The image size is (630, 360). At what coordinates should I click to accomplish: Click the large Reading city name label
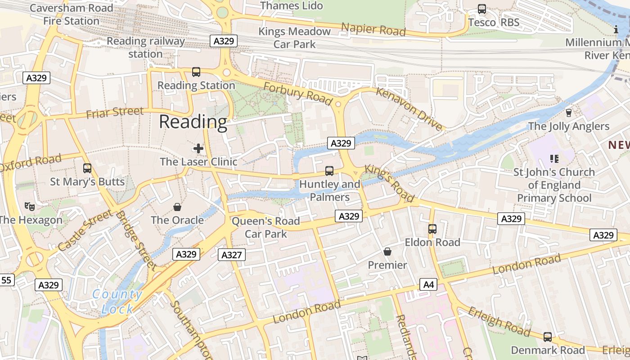pyautogui.click(x=193, y=122)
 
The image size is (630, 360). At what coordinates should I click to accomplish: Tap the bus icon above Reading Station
pyautogui.click(x=196, y=72)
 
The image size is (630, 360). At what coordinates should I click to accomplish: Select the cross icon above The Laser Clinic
pyautogui.click(x=198, y=148)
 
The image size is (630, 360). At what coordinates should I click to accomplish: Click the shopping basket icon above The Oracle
pyautogui.click(x=177, y=207)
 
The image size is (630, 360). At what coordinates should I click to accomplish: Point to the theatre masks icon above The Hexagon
pyautogui.click(x=30, y=207)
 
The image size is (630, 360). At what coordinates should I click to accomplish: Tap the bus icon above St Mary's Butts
pyautogui.click(x=87, y=168)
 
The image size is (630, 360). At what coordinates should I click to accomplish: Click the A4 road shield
pyautogui.click(x=428, y=284)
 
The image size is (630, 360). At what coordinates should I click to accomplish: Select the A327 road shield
pyautogui.click(x=232, y=255)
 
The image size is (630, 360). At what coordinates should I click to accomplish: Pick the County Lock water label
pyautogui.click(x=117, y=302)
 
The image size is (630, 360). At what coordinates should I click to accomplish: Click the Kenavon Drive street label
pyautogui.click(x=409, y=108)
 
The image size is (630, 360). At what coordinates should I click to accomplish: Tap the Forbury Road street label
pyautogui.click(x=298, y=94)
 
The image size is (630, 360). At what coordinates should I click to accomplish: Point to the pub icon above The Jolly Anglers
pyautogui.click(x=568, y=112)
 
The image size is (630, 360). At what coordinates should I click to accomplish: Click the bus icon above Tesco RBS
pyautogui.click(x=482, y=9)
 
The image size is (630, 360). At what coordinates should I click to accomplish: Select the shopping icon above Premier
pyautogui.click(x=387, y=251)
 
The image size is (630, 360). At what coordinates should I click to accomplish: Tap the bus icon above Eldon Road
pyautogui.click(x=432, y=229)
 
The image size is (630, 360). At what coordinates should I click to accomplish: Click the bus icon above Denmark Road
pyautogui.click(x=548, y=337)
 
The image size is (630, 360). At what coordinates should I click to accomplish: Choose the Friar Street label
pyautogui.click(x=115, y=112)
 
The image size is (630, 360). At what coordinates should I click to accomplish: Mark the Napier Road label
pyautogui.click(x=373, y=29)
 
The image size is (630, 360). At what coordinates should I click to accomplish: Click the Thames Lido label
pyautogui.click(x=292, y=5)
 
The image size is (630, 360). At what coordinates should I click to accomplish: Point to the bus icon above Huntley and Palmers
pyautogui.click(x=329, y=171)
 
